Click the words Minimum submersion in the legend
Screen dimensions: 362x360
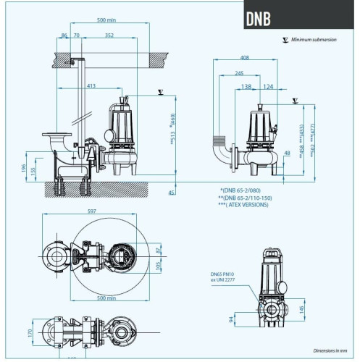[x=314, y=40]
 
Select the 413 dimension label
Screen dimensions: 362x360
[x=91, y=85]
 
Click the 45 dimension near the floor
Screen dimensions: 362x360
[x=172, y=193]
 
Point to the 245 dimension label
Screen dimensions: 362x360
[x=238, y=72]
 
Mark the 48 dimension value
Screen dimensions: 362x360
[x=288, y=153]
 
